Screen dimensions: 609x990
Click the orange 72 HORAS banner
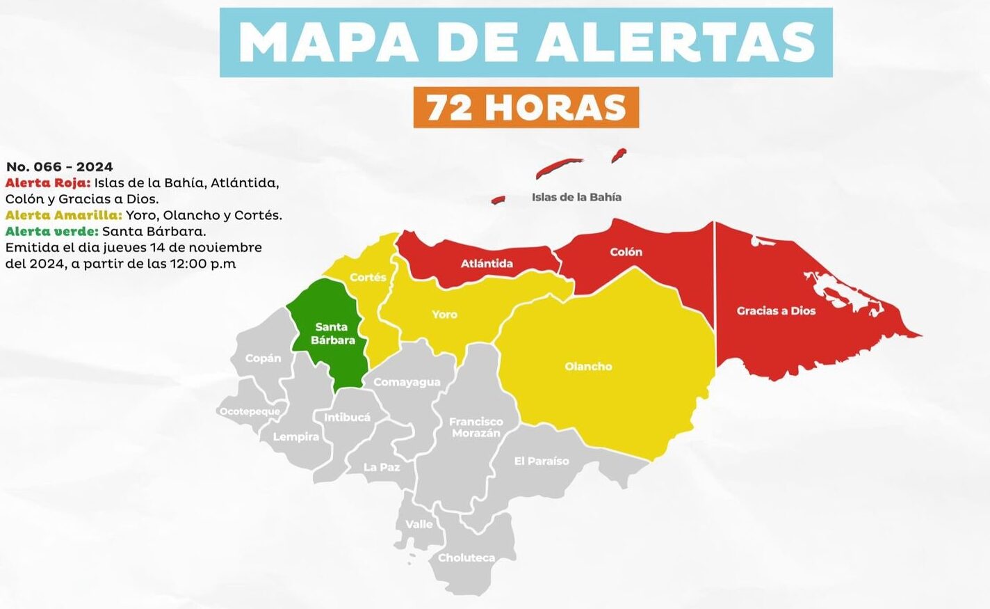526,107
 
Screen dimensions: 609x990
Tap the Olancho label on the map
588,366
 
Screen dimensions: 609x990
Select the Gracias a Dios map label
776,310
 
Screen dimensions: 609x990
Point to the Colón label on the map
626,252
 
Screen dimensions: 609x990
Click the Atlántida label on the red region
487,263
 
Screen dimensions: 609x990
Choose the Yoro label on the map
444,315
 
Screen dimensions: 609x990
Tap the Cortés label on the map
368,277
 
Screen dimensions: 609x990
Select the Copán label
263,358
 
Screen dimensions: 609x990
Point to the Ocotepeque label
250,411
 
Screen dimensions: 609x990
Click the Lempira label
295,437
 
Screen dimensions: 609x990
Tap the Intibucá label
347,418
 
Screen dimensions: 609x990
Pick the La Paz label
382,467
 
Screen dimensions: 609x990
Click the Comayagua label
407,382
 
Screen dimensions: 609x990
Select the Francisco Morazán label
476,427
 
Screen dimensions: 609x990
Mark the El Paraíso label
541,461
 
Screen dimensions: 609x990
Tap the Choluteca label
466,557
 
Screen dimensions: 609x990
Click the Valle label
419,524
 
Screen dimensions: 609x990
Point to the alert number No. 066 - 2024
59,167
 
